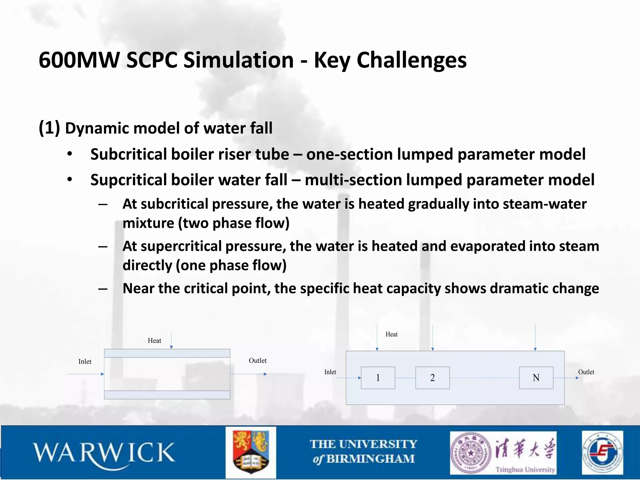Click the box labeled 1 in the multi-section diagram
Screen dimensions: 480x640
coord(378,378)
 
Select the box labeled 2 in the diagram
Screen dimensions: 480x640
coord(432,378)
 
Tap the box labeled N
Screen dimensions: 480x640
coord(536,378)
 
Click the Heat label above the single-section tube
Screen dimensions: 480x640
coord(154,341)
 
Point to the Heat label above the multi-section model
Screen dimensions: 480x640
coord(391,334)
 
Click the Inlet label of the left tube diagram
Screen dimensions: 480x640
coord(85,362)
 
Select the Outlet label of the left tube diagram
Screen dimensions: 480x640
coord(257,361)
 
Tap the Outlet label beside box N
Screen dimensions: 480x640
coord(586,372)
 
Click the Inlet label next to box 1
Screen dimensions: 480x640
coord(330,372)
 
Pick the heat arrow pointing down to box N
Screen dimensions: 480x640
coord(535,337)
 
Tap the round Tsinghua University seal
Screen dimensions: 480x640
coord(470,453)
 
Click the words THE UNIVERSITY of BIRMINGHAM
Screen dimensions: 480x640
coord(363,452)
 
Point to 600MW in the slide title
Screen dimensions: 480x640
coord(79,60)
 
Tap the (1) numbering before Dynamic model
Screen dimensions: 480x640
coord(49,128)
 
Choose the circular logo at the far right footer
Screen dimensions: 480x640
coord(602,452)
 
